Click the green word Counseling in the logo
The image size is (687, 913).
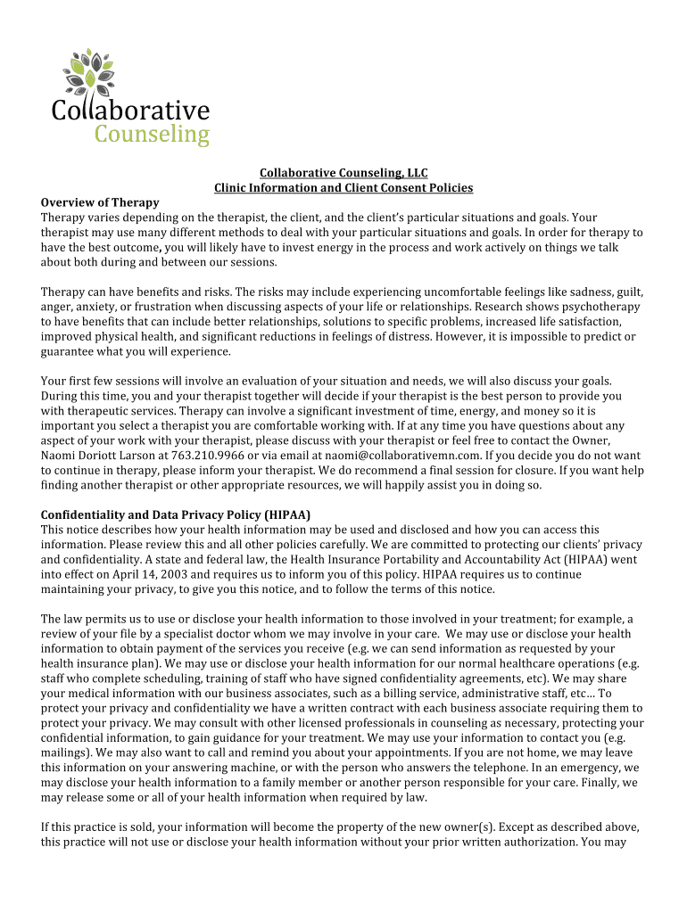pyautogui.click(x=152, y=135)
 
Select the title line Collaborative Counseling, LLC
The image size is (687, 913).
pyautogui.click(x=343, y=173)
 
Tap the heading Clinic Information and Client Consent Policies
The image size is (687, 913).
pyautogui.click(x=343, y=188)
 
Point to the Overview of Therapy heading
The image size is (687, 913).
pyautogui.click(x=100, y=202)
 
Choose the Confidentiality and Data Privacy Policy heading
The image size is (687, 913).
pyautogui.click(x=176, y=514)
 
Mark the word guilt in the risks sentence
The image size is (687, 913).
pyautogui.click(x=625, y=292)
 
